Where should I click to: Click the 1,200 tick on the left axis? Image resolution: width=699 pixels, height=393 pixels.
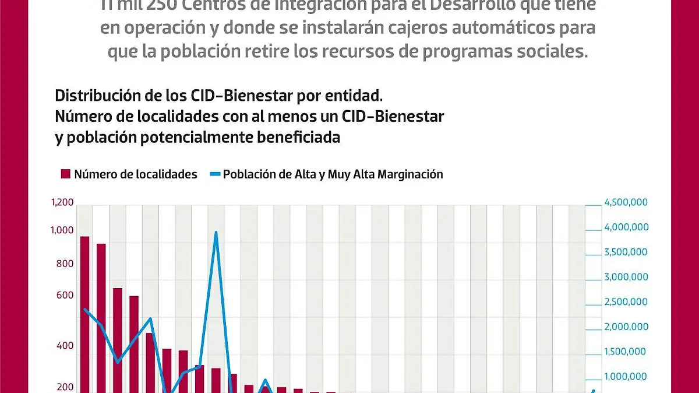click(62, 203)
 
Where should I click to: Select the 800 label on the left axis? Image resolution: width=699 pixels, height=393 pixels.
click(65, 264)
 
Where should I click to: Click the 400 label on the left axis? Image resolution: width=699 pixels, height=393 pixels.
click(65, 346)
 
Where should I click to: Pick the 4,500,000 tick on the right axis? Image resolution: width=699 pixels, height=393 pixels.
click(626, 203)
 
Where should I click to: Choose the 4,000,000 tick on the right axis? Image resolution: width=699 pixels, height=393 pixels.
click(626, 227)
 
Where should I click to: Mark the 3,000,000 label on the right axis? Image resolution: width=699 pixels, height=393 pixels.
click(626, 277)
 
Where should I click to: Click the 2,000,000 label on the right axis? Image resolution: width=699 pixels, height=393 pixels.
click(626, 327)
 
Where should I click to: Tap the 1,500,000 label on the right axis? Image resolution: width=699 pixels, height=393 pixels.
click(626, 352)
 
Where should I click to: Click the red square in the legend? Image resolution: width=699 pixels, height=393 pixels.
click(65, 174)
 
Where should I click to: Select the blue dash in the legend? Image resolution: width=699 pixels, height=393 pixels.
click(215, 174)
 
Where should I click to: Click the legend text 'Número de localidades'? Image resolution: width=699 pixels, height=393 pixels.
click(136, 174)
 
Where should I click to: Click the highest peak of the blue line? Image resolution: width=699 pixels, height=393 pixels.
click(216, 233)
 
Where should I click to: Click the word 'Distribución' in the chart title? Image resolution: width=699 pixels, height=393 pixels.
click(94, 94)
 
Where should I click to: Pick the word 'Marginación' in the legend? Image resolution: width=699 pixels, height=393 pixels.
click(410, 174)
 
